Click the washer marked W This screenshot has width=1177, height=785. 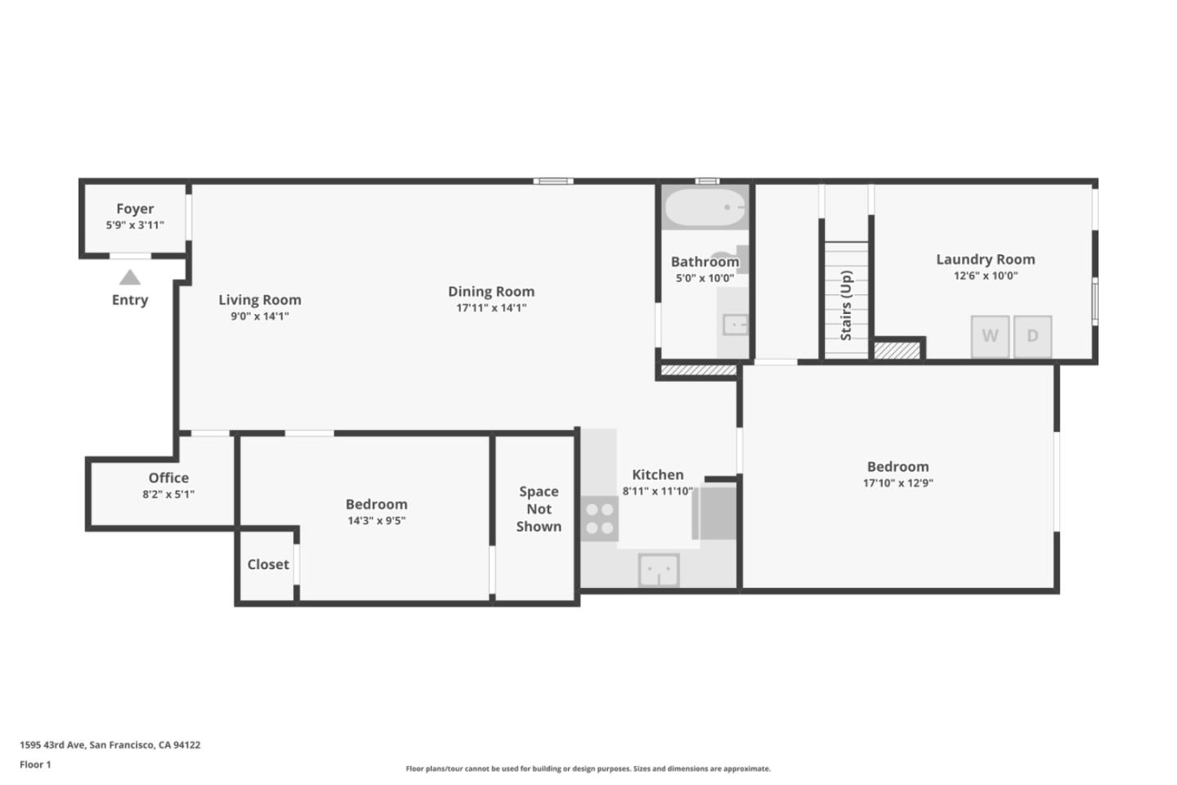pos(990,337)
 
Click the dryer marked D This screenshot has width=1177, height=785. pos(1032,337)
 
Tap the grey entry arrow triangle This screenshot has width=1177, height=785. pos(130,277)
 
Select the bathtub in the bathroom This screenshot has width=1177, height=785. pos(705,207)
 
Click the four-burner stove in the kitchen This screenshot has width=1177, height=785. pos(600,518)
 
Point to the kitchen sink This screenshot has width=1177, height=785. pos(659,570)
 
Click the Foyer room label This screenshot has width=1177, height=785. pos(135,209)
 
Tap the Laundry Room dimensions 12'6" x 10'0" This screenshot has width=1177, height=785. pos(986,276)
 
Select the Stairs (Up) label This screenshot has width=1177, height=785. pos(846,306)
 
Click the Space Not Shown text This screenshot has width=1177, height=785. pos(539,509)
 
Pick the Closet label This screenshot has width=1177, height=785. pos(268,564)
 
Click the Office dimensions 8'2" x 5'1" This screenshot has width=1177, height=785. pos(168,494)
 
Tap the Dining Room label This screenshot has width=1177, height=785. pos(491,291)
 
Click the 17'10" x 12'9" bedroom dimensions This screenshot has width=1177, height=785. pos(898,482)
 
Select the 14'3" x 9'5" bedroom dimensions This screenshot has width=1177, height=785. pos(376,521)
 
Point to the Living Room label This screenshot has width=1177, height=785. pos(260,300)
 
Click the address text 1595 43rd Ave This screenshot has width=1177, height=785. pos(52,744)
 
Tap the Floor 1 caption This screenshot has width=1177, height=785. pos(35,765)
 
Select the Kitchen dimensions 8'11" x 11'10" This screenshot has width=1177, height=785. pos(658,491)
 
